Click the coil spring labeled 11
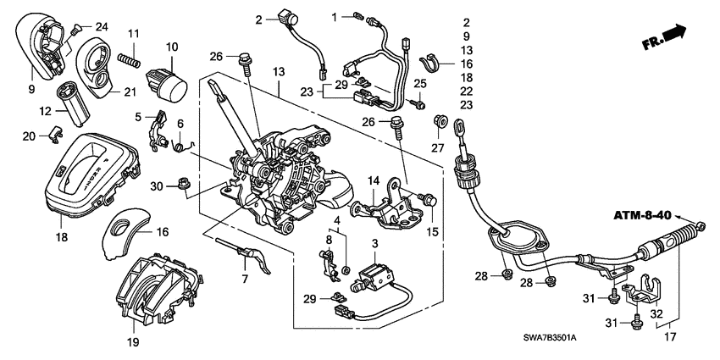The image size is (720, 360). [128, 60]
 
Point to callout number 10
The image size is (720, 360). [171, 47]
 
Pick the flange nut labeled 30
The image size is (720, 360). [182, 183]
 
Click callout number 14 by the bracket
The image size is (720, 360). [373, 180]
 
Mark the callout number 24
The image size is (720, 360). [102, 26]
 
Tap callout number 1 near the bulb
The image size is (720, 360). [334, 16]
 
